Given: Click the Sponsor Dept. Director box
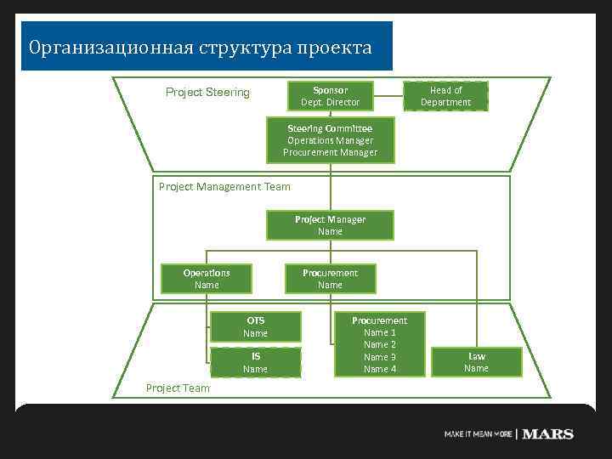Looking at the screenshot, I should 330,96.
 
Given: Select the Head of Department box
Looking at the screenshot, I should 445,96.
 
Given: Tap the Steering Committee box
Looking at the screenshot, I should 330,141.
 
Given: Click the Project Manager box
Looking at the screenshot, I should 330,225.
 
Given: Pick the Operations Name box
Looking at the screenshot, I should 207,279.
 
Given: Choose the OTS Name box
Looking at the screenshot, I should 255,327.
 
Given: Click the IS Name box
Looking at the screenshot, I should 255,363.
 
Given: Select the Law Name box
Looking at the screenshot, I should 476,362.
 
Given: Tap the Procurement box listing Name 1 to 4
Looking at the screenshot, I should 380,344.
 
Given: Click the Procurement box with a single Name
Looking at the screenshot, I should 330,279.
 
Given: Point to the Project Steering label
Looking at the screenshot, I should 207,93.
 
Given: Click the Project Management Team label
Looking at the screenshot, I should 224,187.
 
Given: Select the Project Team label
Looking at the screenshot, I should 178,388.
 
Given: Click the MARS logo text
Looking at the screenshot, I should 547,434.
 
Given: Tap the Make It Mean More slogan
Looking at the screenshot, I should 478,434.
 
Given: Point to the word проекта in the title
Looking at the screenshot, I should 334,48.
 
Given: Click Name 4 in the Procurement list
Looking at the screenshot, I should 380,369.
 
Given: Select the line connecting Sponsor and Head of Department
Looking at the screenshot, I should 387,96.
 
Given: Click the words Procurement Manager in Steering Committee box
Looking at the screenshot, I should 330,153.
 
